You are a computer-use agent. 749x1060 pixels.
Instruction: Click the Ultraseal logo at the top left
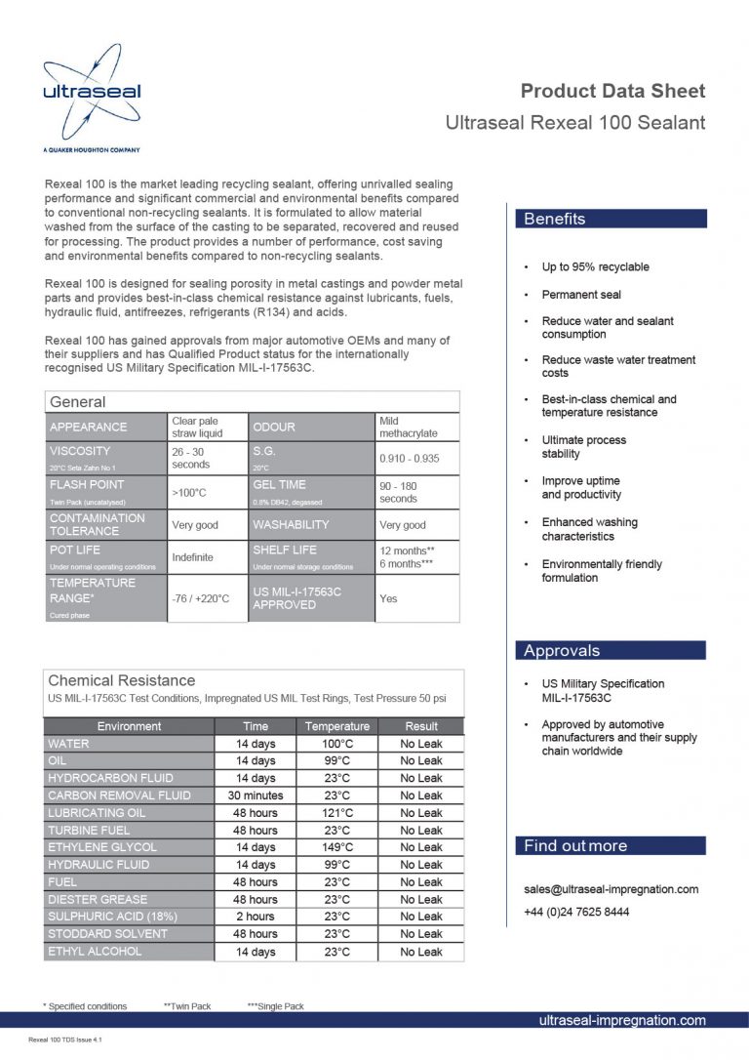[92, 96]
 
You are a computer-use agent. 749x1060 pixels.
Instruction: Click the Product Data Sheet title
[612, 91]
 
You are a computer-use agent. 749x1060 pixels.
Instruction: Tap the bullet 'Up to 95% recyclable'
[595, 266]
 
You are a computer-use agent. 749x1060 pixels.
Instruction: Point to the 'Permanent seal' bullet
[581, 294]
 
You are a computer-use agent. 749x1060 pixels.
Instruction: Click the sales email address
[611, 889]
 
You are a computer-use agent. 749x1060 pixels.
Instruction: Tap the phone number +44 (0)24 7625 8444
[575, 912]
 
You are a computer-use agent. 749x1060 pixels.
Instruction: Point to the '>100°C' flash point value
[188, 493]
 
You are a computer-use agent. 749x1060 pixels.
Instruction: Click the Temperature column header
[336, 726]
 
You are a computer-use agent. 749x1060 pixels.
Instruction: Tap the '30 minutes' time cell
[256, 795]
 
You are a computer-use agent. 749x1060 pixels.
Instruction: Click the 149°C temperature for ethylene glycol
[336, 847]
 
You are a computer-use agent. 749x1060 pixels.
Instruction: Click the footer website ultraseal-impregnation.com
[621, 1020]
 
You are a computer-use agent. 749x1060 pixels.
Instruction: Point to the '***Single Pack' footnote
[275, 1006]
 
